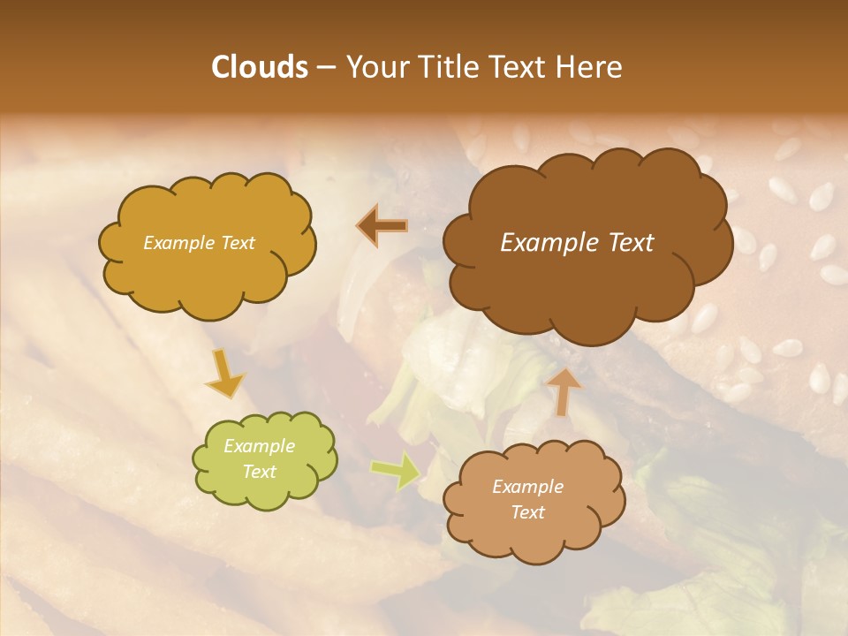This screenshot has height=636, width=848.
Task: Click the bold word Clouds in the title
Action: tap(259, 67)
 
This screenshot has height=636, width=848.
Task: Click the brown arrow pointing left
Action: tap(382, 226)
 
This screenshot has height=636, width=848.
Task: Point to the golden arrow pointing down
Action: tap(224, 374)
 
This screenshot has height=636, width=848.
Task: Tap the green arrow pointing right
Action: tap(395, 471)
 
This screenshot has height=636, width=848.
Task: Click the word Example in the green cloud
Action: tap(259, 446)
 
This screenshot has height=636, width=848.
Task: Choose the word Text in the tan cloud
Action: tap(527, 512)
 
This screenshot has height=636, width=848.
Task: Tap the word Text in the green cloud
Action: tap(259, 472)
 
